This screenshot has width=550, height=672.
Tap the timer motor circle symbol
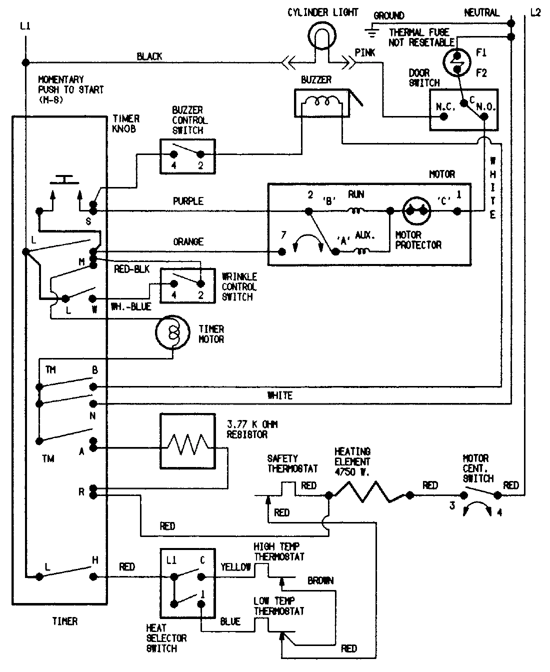171,332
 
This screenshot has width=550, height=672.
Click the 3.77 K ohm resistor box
187,441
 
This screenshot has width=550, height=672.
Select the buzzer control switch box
187,156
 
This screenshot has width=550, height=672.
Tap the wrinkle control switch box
187,285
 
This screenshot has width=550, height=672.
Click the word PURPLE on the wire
188,201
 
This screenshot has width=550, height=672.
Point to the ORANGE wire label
188,241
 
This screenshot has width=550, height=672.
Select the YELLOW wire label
235,566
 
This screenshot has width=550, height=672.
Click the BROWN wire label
320,580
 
